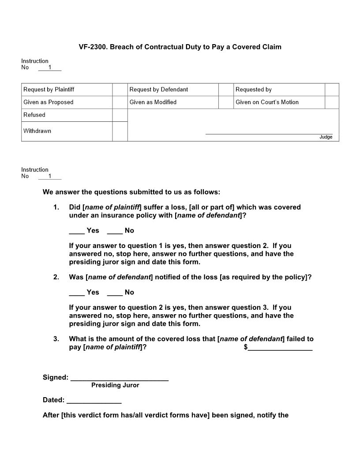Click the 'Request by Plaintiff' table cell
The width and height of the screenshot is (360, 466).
pyautogui.click(x=49, y=90)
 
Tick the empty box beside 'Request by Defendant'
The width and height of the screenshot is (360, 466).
pyautogui.click(x=225, y=90)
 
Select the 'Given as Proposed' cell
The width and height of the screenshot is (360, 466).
pyautogui.click(x=49, y=102)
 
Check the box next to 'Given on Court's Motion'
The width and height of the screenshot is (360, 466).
pyautogui.click(x=331, y=102)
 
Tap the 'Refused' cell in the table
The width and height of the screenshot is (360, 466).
pyautogui.click(x=34, y=115)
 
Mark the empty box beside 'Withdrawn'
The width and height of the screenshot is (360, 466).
pyautogui.click(x=120, y=132)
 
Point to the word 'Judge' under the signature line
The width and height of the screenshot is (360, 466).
pyautogui.click(x=326, y=137)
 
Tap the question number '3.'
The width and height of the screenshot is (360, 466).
pyautogui.click(x=56, y=339)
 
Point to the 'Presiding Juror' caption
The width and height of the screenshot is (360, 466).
pyautogui.click(x=115, y=385)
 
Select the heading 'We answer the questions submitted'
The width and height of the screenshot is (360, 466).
pyautogui.click(x=131, y=192)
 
